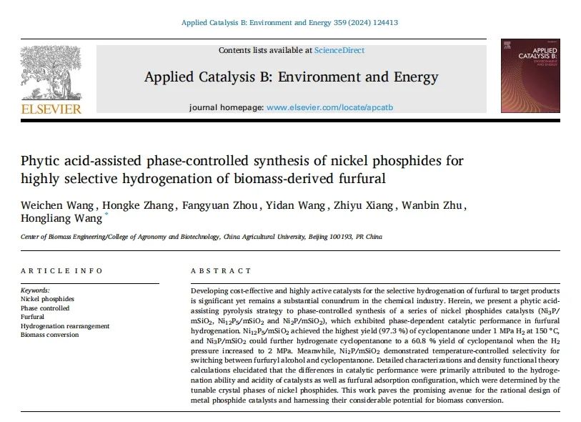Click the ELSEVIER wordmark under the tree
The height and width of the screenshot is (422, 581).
point(51,109)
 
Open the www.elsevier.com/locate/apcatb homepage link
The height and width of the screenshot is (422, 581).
point(329,107)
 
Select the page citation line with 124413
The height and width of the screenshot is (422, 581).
point(290,22)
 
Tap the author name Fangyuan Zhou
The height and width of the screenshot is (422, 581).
point(202,207)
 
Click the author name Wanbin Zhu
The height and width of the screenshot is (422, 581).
point(435,207)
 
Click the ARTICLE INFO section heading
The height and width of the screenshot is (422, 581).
point(61,270)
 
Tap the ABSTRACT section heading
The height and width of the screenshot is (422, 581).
point(221,270)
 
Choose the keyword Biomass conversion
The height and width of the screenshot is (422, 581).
point(51,335)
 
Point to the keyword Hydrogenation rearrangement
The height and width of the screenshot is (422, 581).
point(65,326)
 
